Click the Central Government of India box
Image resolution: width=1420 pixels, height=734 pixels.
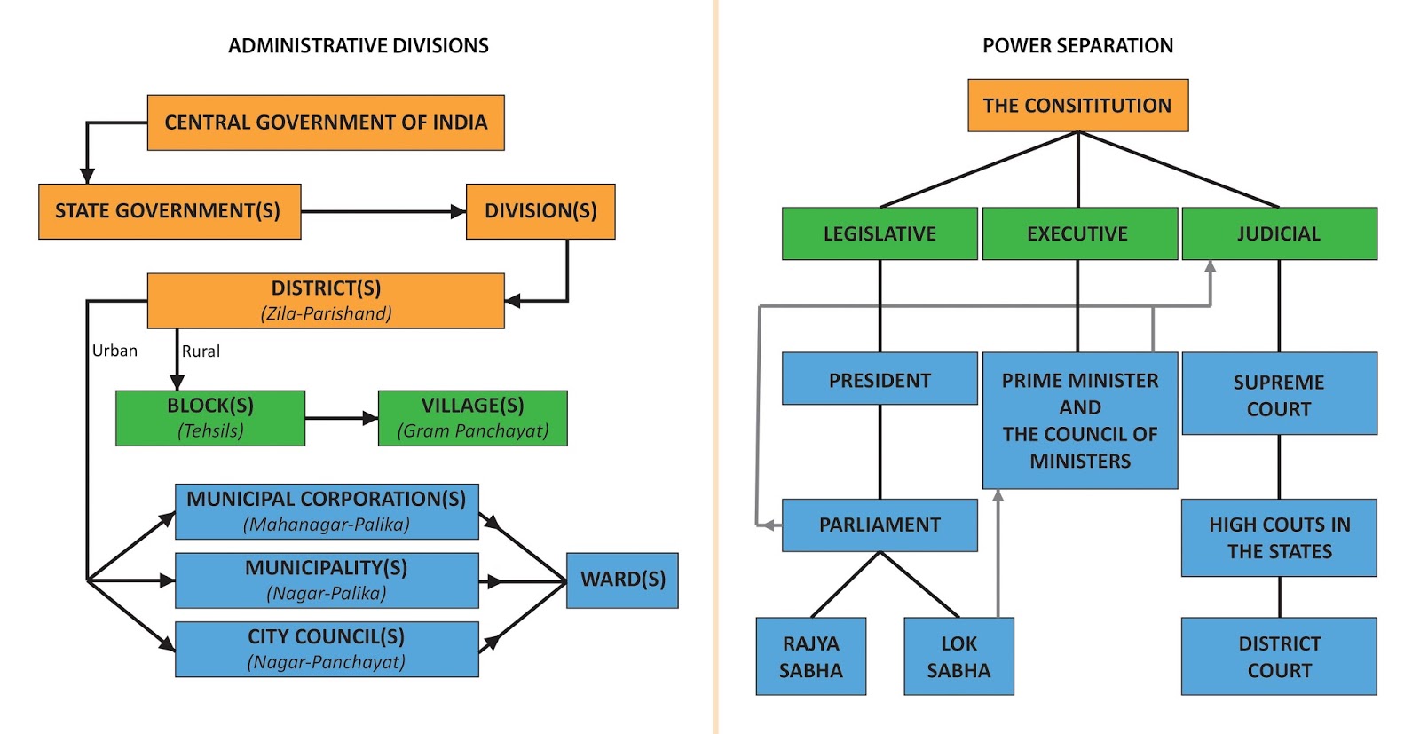pos(326,122)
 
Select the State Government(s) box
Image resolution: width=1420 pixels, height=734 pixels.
pos(170,211)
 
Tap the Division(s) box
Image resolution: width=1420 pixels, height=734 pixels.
pos(540,211)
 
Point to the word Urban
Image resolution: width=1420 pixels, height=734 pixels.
pos(114,351)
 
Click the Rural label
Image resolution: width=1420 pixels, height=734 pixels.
pos(201,351)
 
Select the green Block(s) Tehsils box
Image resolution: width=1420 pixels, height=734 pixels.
pos(210,418)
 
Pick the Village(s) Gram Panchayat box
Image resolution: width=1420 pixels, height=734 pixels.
pos(472,418)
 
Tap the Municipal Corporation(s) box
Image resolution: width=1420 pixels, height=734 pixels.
pos(327,511)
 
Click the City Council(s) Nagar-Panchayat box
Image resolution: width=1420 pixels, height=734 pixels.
pos(327,649)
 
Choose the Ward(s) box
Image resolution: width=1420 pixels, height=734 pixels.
pos(622,580)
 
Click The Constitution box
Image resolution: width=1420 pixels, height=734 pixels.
pos(1077,106)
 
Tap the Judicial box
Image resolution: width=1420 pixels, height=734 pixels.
pos(1279,233)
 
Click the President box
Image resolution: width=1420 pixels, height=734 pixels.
pos(880,379)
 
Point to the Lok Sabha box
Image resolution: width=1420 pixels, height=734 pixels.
pos(958,656)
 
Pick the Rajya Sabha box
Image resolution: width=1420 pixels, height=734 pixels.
pos(810,656)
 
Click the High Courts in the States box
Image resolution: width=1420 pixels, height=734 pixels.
pos(1279,538)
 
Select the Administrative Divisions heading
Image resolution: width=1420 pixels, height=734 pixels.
pos(358,45)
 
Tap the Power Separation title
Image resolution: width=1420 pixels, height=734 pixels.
pos(1077,45)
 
